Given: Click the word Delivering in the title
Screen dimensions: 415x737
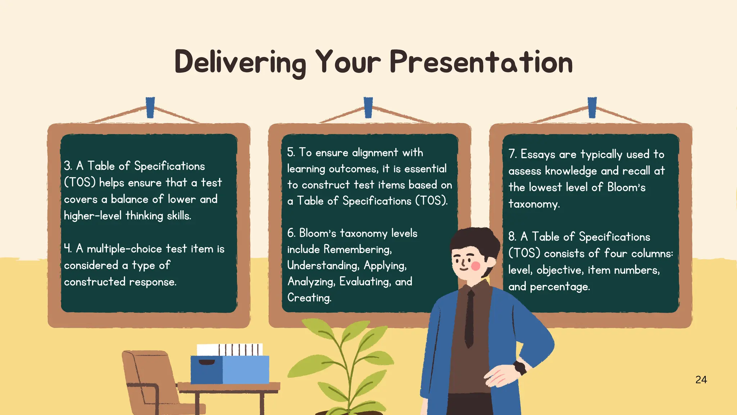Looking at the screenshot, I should point(240,63).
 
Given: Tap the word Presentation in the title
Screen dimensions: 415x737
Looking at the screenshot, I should point(481,62).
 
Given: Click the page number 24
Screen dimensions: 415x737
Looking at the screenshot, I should point(701,380).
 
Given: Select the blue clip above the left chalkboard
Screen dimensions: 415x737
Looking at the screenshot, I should point(150,107).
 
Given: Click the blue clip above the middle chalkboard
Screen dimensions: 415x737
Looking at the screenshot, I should point(368,107).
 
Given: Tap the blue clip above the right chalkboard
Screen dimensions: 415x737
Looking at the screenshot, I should point(592,107).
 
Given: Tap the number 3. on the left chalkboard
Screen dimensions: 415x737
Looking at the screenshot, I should point(68,166).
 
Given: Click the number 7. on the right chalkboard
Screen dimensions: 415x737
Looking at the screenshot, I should point(512,154).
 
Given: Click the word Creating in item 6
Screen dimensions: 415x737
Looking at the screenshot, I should point(309,298).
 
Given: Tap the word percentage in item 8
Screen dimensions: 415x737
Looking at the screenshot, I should point(560,287).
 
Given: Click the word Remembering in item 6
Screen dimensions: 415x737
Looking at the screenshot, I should point(357,249).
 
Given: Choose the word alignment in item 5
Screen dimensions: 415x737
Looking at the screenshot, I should point(375,152).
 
